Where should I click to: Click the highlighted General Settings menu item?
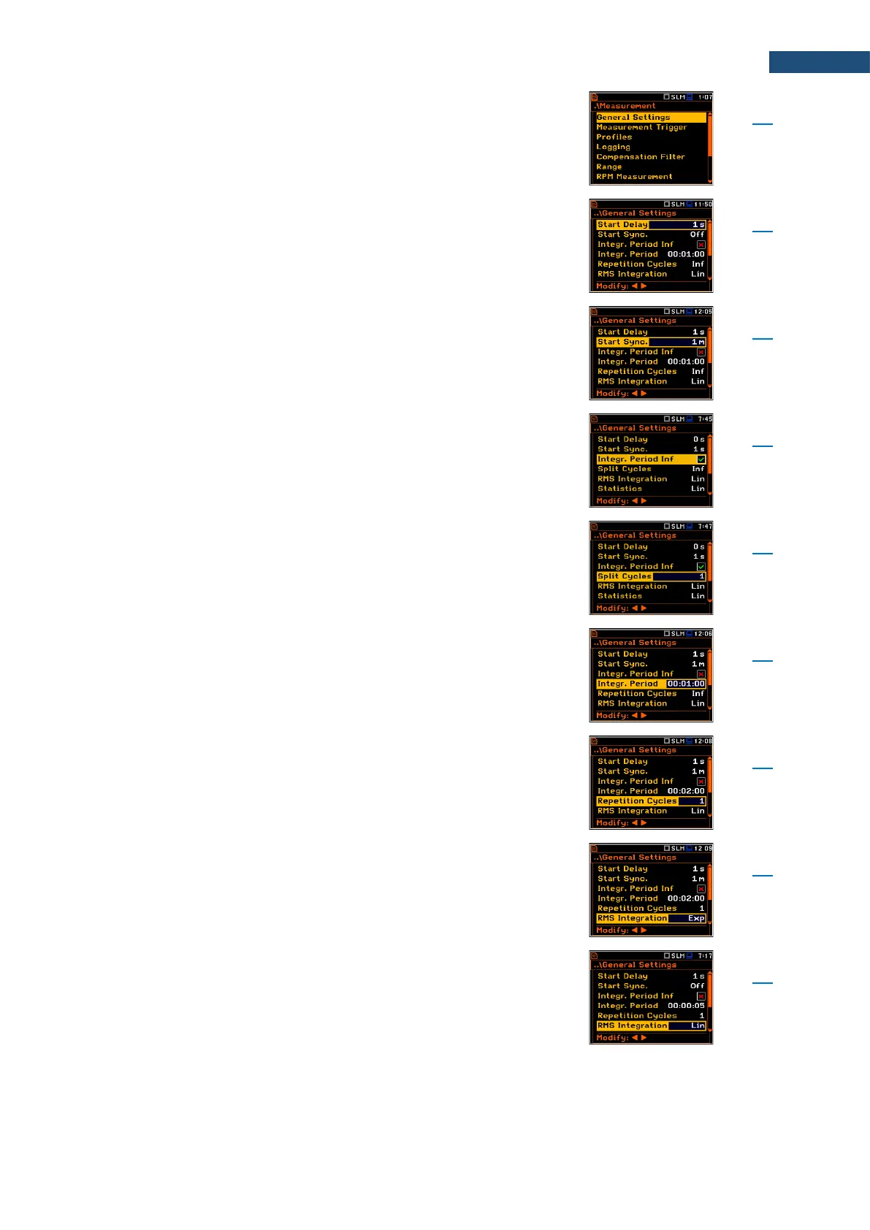(633, 117)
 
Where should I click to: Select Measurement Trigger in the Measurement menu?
(641, 127)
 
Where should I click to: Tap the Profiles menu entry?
(614, 137)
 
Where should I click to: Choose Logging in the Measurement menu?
(613, 147)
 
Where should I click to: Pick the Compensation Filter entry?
(641, 156)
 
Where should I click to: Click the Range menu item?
(609, 167)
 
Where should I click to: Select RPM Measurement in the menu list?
(635, 177)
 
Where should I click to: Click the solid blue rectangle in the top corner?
(819, 62)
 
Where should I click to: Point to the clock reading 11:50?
(703, 205)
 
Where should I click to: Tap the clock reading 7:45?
(705, 419)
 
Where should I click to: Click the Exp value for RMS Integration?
(696, 918)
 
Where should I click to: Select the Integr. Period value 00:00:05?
(686, 1006)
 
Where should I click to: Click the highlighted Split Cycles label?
(625, 576)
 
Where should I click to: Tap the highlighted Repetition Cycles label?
(637, 801)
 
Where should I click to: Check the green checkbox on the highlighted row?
(701, 459)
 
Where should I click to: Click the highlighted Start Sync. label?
(622, 342)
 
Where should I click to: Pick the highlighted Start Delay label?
(622, 225)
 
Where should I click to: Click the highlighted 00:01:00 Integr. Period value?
(686, 684)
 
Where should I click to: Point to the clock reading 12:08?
(703, 741)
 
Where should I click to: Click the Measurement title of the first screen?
(627, 106)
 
